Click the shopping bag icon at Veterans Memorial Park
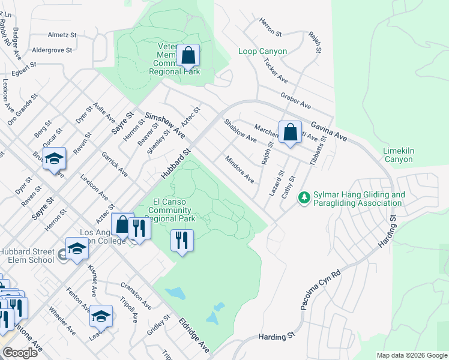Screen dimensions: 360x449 pos(188,56)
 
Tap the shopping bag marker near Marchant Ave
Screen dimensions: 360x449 pos(290,131)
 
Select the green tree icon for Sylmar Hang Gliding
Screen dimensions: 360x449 pos(305,197)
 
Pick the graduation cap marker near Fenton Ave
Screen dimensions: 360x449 pos(101,315)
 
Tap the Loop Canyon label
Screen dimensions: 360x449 pos(262,52)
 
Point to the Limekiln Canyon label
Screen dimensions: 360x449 pos(398,155)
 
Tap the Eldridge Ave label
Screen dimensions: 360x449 pos(194,335)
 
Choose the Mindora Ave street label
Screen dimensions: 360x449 pos(240,169)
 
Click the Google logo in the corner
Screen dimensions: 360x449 pos(19,353)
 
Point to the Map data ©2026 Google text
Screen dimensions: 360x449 pos(411,355)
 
